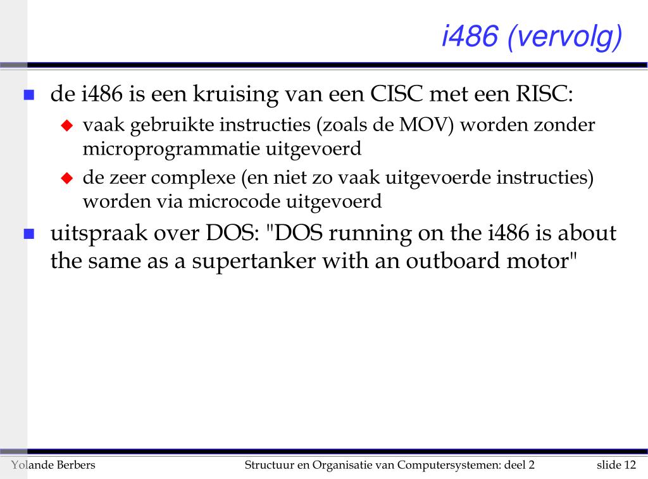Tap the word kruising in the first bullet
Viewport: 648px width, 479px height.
tap(235, 95)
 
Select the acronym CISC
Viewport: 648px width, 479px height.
tap(396, 94)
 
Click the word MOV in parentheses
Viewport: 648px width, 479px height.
tap(424, 125)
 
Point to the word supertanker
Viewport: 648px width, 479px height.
tap(254, 262)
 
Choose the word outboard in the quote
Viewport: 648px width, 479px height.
tap(453, 260)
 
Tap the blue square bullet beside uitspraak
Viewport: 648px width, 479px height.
tap(29, 234)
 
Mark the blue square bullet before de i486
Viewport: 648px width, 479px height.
tap(29, 95)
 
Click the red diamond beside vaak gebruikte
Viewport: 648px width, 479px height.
tap(67, 125)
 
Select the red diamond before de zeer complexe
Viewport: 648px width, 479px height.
tap(67, 178)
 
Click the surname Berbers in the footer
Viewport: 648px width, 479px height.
tap(76, 465)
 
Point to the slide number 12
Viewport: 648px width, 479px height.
tap(630, 465)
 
